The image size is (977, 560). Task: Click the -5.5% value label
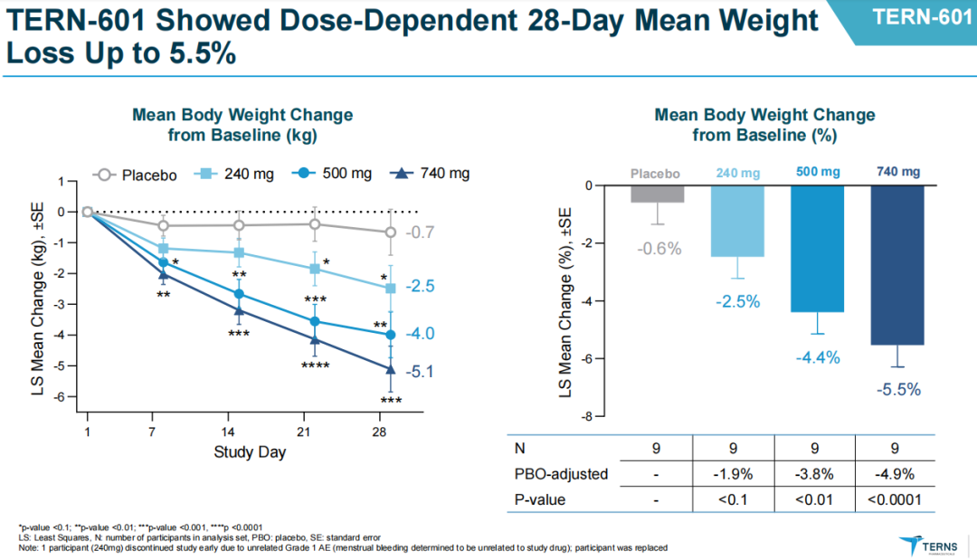coord(897,390)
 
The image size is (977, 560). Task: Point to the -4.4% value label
coord(818,357)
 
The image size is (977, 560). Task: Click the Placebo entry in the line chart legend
coord(136,175)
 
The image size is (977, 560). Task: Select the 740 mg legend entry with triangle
coord(432,174)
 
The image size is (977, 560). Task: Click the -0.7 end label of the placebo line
coord(421,233)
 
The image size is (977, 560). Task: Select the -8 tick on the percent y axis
coord(587,416)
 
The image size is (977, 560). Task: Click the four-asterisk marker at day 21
coord(315,365)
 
